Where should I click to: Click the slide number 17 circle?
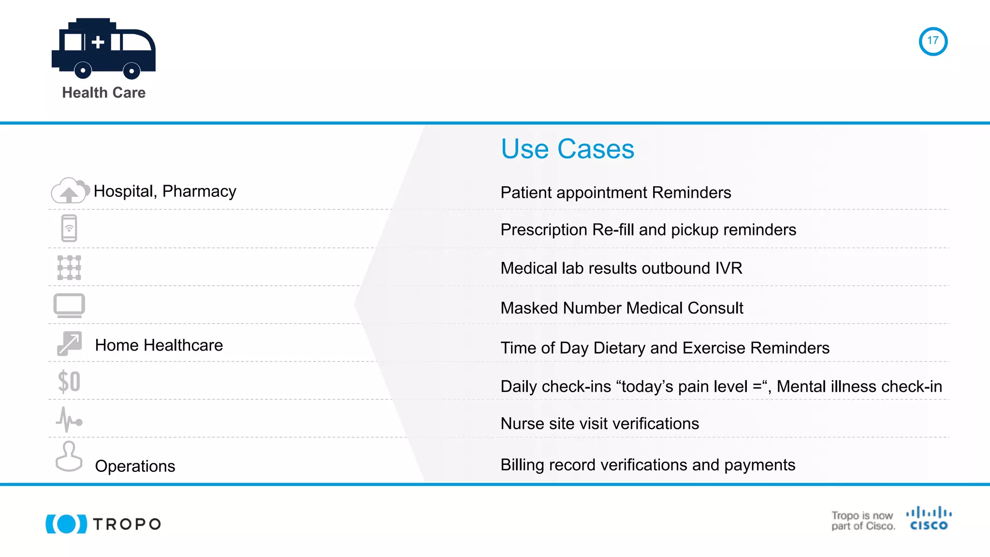point(932,41)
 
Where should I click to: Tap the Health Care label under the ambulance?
point(103,92)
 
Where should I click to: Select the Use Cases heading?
point(567,149)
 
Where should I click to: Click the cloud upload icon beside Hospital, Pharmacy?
point(70,191)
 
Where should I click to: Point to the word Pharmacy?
point(199,191)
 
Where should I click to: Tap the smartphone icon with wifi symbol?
point(69,228)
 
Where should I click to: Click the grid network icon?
point(69,267)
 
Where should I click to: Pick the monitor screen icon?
point(69,306)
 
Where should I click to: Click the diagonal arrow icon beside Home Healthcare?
point(70,344)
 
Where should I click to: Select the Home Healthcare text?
point(159,345)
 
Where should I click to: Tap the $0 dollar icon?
point(69,381)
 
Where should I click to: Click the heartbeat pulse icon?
point(69,420)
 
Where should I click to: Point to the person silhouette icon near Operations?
point(69,456)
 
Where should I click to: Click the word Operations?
point(135,466)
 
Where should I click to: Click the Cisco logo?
point(929,519)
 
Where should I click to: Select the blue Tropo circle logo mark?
point(66,524)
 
